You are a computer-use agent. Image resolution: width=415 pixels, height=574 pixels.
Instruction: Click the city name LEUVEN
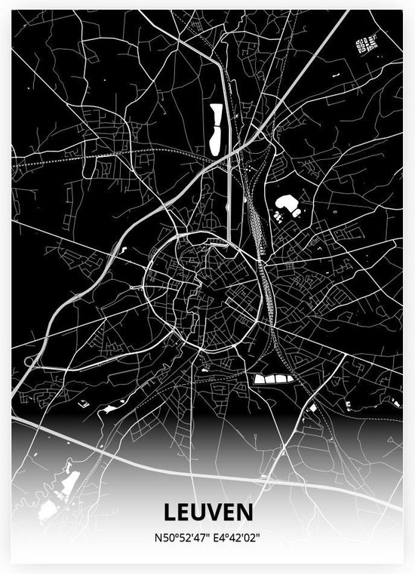click(207, 513)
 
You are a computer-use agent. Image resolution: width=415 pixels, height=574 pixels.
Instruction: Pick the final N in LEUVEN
click(246, 513)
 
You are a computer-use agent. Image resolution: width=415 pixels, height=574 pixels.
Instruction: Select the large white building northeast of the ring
click(287, 203)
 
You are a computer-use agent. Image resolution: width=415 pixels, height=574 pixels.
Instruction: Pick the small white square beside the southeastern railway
click(312, 408)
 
